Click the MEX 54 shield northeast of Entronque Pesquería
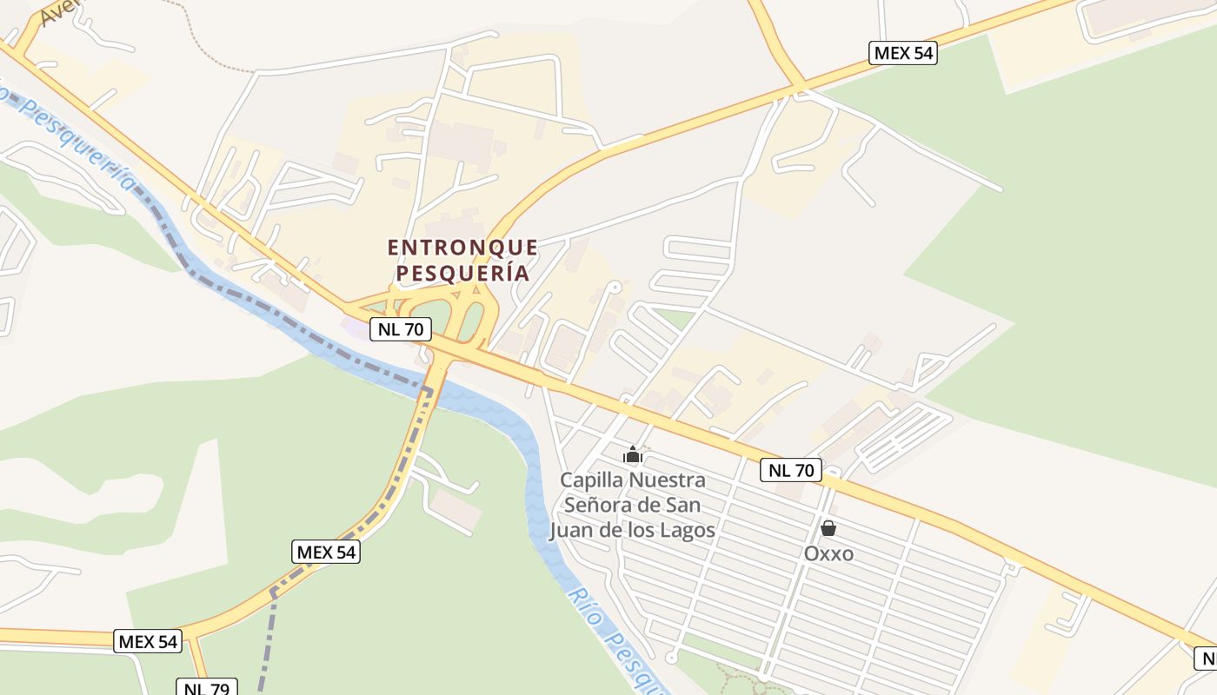(x=903, y=52)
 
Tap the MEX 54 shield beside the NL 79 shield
(x=148, y=641)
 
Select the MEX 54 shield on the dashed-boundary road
(x=325, y=552)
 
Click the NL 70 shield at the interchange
(x=401, y=329)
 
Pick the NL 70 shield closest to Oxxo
(x=790, y=470)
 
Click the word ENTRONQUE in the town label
(x=462, y=248)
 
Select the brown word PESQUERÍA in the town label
(x=462, y=273)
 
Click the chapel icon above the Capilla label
(x=633, y=454)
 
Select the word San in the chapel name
(x=683, y=505)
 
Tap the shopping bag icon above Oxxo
(x=828, y=528)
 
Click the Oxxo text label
(x=828, y=553)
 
